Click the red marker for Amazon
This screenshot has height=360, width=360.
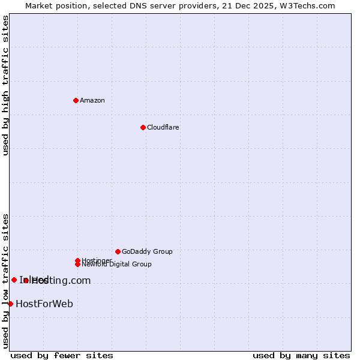click(x=76, y=100)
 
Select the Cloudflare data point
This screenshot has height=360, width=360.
click(x=143, y=127)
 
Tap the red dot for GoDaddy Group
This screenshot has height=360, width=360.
click(x=118, y=251)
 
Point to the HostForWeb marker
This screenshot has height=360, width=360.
click(x=10, y=304)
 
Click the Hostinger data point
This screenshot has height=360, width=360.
click(x=77, y=260)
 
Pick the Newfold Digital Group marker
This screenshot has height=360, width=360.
click(x=77, y=264)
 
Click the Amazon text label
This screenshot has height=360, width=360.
click(x=92, y=100)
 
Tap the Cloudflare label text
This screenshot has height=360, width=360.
click(x=163, y=127)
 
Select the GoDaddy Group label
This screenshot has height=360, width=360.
click(x=147, y=251)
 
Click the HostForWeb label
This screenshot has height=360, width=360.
click(x=44, y=304)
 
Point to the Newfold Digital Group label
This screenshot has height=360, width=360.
click(x=116, y=264)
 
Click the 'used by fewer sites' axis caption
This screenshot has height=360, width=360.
click(x=62, y=355)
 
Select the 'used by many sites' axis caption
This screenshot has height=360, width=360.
click(x=301, y=355)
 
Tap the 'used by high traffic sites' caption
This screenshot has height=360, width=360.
click(x=6, y=85)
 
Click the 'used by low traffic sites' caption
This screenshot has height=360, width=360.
click(x=6, y=280)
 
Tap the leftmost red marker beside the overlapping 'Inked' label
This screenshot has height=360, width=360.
click(x=14, y=280)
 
